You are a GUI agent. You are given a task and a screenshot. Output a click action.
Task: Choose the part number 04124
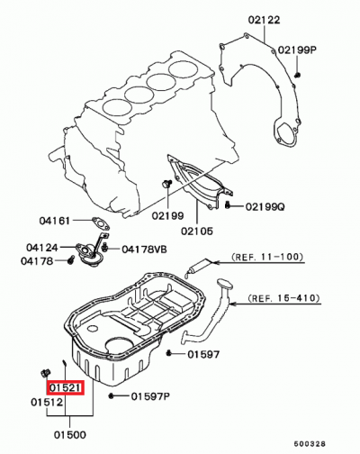(x=43, y=247)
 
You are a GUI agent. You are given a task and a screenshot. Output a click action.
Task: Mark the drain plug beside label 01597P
(x=111, y=395)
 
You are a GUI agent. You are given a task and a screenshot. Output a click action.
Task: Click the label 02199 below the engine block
(x=168, y=216)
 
